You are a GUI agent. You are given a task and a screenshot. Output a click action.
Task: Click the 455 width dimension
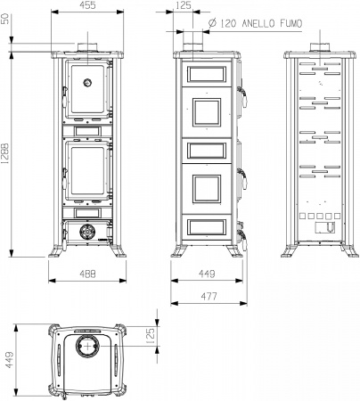(x=88, y=5)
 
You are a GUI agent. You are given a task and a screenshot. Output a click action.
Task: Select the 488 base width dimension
(x=88, y=274)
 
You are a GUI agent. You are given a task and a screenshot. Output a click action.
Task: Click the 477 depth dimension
(x=209, y=297)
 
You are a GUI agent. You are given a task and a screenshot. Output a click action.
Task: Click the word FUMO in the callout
(x=290, y=23)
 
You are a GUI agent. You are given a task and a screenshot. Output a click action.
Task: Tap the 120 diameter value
(x=228, y=23)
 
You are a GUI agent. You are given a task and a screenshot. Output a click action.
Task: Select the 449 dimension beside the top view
(x=9, y=360)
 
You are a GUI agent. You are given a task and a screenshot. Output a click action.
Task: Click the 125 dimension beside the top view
(x=151, y=336)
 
